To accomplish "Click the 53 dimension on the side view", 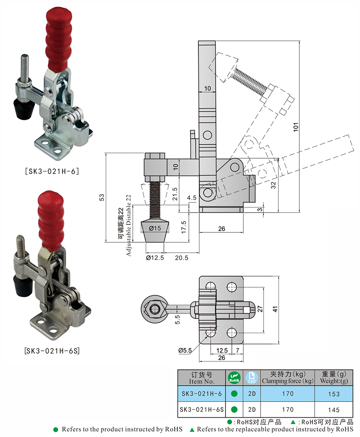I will pyautogui.click(x=102, y=197).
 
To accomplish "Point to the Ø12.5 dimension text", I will pyautogui.click(x=154, y=258).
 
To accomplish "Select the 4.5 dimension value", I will pyautogui.click(x=191, y=197).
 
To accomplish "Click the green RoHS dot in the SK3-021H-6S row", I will pyautogui.click(x=234, y=410).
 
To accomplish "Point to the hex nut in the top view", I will pyautogui.click(x=155, y=309).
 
